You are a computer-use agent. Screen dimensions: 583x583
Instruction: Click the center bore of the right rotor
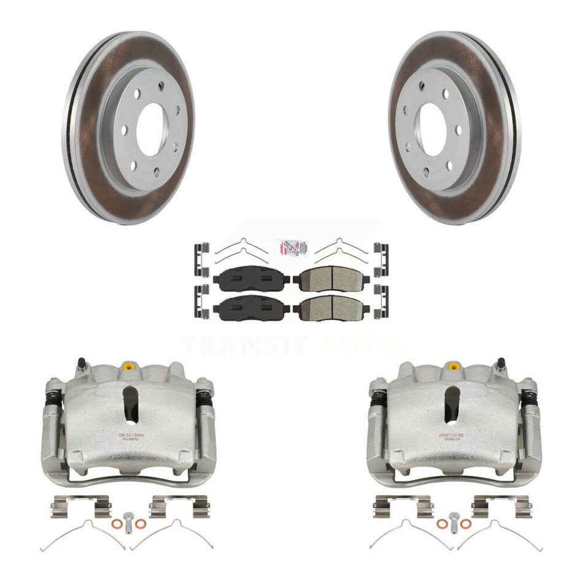[434, 129]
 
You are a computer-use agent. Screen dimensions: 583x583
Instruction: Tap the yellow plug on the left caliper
[128, 367]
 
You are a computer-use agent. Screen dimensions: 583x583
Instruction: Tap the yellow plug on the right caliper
[454, 367]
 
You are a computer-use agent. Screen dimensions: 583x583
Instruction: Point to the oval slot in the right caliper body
[452, 405]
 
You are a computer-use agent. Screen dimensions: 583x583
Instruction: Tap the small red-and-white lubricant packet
[291, 247]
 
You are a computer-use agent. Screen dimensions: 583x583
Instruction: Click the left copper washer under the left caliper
[117, 523]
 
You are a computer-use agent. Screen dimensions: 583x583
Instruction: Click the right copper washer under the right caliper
[465, 523]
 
